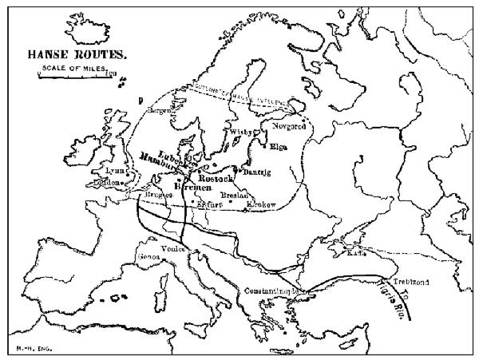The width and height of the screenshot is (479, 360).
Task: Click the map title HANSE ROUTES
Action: pos(77,57)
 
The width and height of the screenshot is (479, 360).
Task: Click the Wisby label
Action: pos(242,130)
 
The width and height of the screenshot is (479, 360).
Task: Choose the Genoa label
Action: pos(149,257)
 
